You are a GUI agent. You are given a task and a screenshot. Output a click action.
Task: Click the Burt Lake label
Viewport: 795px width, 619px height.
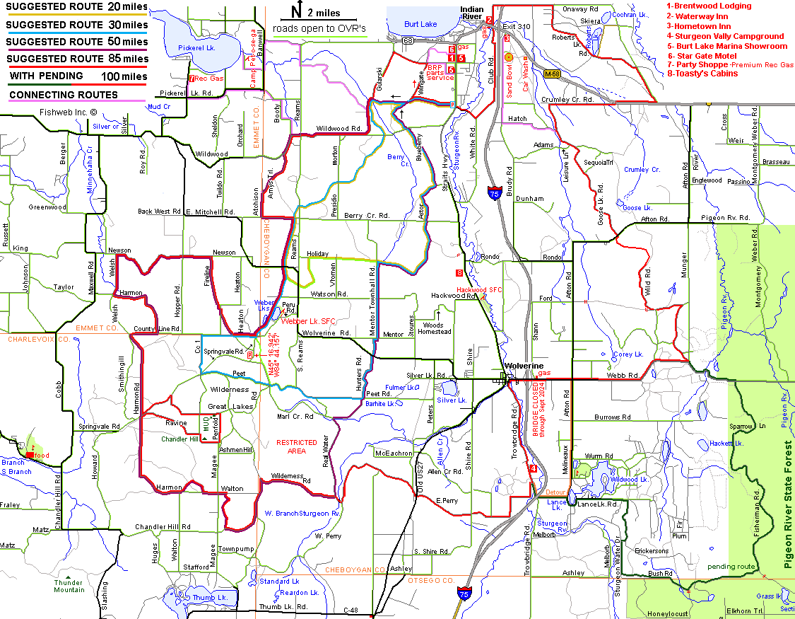[x=420, y=24]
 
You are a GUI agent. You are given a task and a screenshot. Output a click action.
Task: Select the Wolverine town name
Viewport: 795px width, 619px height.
[x=522, y=366]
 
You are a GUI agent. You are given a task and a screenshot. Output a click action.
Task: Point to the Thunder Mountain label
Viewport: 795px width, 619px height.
[x=69, y=586]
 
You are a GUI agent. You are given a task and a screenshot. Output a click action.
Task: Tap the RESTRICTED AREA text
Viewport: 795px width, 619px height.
[x=297, y=446]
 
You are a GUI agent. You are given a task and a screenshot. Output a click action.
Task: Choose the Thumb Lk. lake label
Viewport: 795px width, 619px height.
[x=210, y=598]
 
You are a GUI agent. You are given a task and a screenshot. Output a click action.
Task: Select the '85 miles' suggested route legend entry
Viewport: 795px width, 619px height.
[x=77, y=59]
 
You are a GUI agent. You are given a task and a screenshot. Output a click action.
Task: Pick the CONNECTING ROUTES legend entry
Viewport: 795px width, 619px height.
[x=64, y=94]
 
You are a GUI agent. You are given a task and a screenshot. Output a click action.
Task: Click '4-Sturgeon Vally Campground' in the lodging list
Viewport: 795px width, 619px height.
[x=725, y=36]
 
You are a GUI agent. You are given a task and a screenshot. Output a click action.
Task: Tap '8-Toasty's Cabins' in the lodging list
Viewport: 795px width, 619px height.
[x=702, y=74]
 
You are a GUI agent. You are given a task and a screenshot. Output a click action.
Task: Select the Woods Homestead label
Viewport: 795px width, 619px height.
[x=434, y=328]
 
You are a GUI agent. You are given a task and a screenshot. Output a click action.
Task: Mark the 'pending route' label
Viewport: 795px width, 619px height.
[x=731, y=567]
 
